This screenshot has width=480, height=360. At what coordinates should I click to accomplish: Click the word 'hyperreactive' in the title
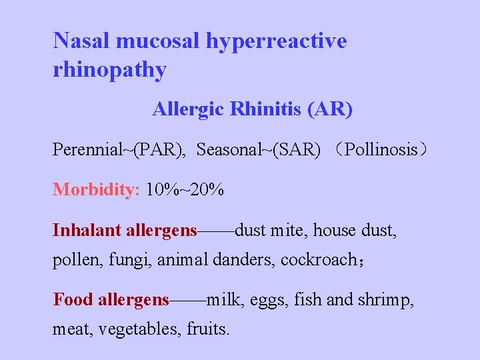click(x=276, y=41)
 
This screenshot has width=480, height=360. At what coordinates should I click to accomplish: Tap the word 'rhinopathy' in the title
click(x=109, y=70)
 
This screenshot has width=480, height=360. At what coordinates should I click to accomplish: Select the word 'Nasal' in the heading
click(x=82, y=41)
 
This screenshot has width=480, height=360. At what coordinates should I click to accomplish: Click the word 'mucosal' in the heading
click(x=158, y=41)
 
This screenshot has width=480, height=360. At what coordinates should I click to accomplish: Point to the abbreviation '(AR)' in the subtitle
click(x=330, y=109)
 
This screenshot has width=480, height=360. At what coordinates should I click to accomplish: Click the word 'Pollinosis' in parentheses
click(x=381, y=149)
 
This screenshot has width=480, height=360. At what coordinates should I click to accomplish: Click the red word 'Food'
click(x=73, y=300)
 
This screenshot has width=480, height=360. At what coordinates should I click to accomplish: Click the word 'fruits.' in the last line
click(x=208, y=329)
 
